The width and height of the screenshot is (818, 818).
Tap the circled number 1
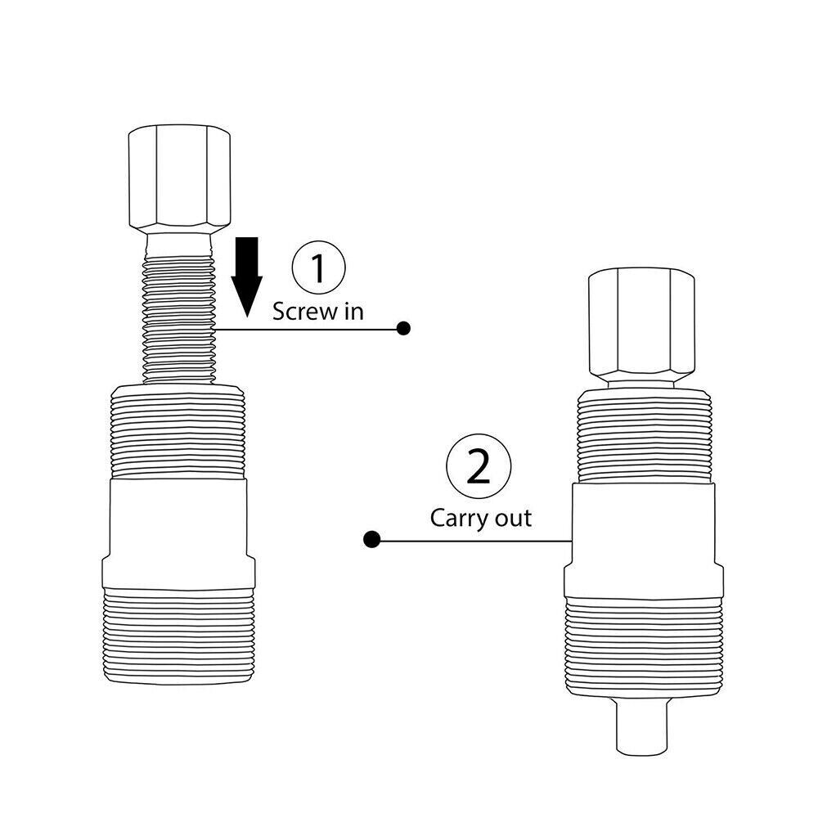coord(319,268)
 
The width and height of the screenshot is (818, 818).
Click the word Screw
coord(299,312)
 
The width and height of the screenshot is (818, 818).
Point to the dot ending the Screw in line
coord(402,329)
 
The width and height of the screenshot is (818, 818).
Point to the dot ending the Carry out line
coord(371,540)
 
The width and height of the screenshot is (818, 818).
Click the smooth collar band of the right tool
coord(643,540)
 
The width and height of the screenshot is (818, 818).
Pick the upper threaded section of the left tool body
coord(178,434)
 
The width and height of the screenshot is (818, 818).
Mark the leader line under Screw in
coord(311,330)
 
